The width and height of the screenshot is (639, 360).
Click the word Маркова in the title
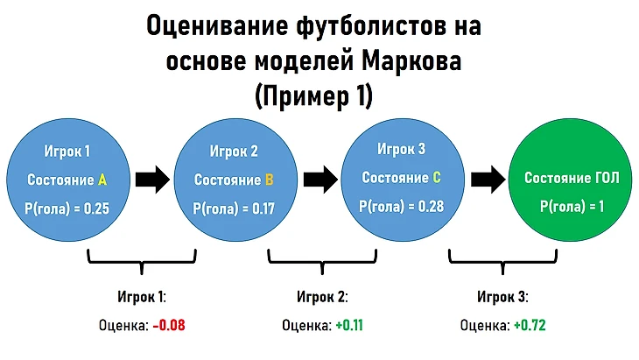pyautogui.click(x=411, y=61)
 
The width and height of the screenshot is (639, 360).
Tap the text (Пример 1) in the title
pyautogui.click(x=313, y=96)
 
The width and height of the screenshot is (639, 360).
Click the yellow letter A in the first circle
pyautogui.click(x=102, y=180)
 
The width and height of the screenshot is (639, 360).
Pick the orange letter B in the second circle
pyautogui.click(x=269, y=180)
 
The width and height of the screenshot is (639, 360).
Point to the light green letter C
pyautogui.click(x=437, y=177)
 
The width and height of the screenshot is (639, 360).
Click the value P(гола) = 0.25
pyautogui.click(x=67, y=208)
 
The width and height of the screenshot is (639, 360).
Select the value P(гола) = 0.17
pyautogui.click(x=234, y=208)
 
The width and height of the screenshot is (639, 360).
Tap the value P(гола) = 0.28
pyautogui.click(x=401, y=206)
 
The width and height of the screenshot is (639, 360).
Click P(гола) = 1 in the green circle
pyautogui.click(x=572, y=206)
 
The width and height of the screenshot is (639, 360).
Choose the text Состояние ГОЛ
pyautogui.click(x=572, y=177)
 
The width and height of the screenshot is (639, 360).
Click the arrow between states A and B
pyautogui.click(x=152, y=180)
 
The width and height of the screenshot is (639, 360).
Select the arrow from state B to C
pyautogui.click(x=320, y=180)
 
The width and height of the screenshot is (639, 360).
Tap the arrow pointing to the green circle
pyautogui.click(x=488, y=180)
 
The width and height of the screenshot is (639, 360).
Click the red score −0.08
pyautogui.click(x=169, y=325)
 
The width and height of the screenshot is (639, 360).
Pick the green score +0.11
pyautogui.click(x=349, y=325)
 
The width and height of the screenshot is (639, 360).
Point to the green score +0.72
pyautogui.click(x=530, y=325)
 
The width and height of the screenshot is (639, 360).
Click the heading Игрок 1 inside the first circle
pyautogui.click(x=67, y=152)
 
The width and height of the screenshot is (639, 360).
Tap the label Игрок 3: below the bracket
pyautogui.click(x=503, y=296)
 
